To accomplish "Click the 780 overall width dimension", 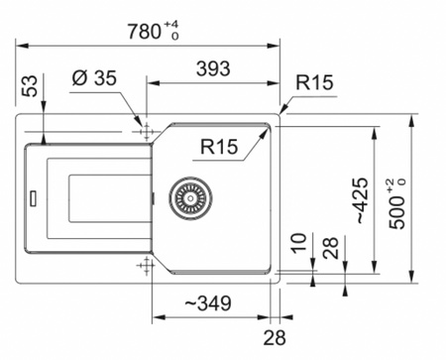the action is pyautogui.click(x=144, y=32).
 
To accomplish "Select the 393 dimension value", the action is pyautogui.click(x=213, y=68).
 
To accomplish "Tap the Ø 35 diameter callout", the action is pyautogui.click(x=94, y=78).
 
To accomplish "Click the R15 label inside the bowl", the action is pyautogui.click(x=219, y=147).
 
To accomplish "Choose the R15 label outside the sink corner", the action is pyautogui.click(x=314, y=82).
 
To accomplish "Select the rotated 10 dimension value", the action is pyautogui.click(x=298, y=243).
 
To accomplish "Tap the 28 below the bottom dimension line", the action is pyautogui.click(x=275, y=338).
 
